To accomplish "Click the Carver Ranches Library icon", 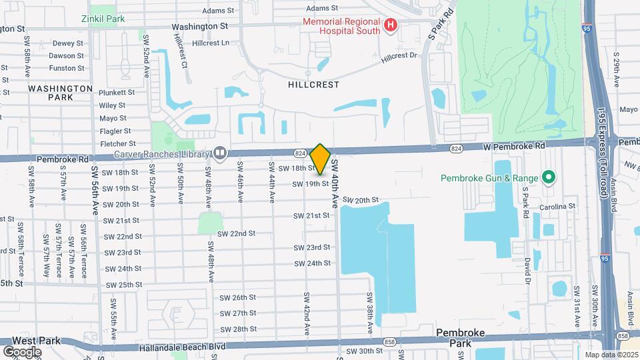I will point(219,153).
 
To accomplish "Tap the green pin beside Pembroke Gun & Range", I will point(548,177).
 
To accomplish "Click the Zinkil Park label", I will point(103,19).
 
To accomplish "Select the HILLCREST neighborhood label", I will point(313,85).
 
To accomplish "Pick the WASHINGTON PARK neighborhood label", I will point(60,93).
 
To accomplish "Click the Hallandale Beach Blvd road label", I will point(182,347).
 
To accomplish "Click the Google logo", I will point(21,351).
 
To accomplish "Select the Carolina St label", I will point(558,207).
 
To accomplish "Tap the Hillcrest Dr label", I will point(399,59).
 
